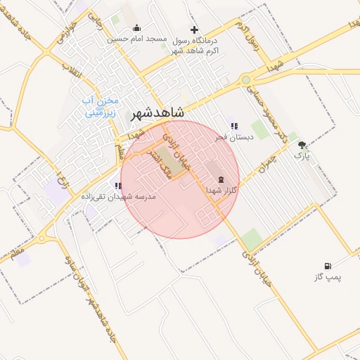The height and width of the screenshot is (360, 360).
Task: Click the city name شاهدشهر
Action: click(157, 112)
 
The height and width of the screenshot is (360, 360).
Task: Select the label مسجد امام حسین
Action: click(137, 39)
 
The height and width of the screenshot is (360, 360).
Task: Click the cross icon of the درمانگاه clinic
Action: click(195, 30)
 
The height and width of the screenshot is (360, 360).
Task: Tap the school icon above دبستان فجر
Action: click(233, 126)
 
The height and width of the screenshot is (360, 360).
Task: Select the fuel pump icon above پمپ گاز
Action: click(327, 266)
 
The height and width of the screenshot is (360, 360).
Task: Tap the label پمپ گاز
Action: click(328, 277)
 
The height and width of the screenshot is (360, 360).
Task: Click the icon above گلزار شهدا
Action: click(222, 180)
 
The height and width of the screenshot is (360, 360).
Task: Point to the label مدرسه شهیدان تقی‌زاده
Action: click(119, 197)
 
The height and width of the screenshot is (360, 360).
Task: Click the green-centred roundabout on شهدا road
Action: click(245, 80)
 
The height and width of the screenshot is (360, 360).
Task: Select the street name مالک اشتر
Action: click(161, 162)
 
